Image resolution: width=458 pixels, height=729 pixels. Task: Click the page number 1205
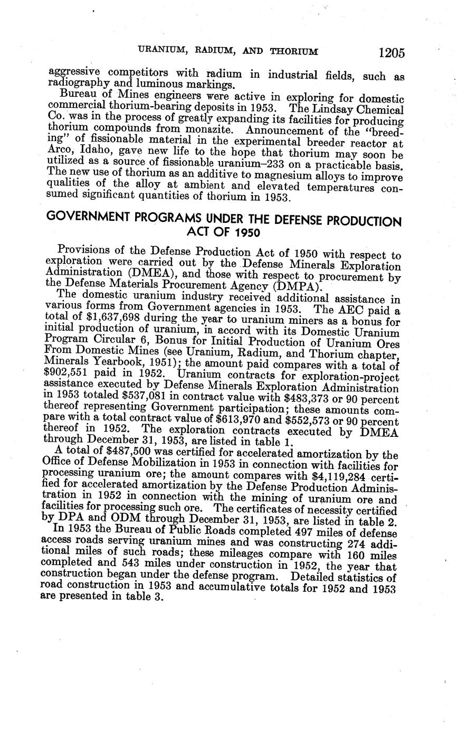tap(391, 53)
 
